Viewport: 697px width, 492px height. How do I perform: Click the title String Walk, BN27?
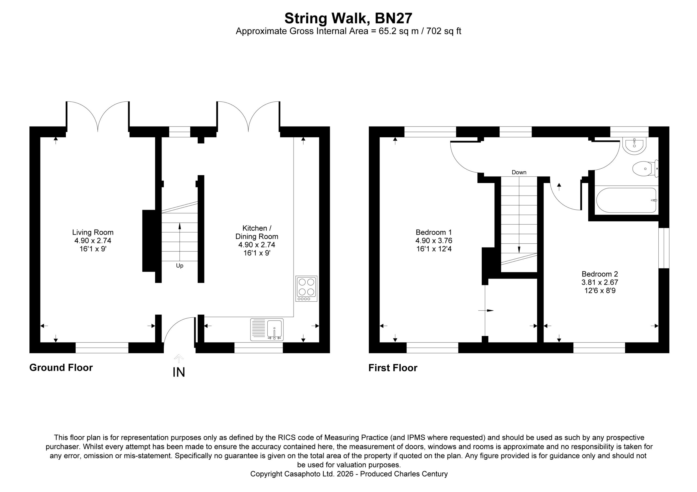348,18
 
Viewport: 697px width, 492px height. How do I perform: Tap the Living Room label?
93,232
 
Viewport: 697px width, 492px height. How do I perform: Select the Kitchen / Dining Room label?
257,232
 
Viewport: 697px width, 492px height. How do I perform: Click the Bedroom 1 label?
434,232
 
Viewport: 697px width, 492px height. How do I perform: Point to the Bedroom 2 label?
600,274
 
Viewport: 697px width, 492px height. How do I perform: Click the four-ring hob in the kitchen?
306,289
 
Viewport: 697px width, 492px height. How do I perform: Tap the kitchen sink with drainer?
267,329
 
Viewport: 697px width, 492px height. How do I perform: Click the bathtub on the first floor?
626,200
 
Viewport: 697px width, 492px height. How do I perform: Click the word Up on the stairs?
180,266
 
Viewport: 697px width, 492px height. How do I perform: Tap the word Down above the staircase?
519,172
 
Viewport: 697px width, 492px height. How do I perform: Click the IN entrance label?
179,372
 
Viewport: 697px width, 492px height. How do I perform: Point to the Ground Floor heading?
61,368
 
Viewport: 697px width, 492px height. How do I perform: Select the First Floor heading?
393,368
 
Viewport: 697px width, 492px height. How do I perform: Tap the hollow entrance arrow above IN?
179,359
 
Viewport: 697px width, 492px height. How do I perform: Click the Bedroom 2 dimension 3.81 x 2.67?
600,282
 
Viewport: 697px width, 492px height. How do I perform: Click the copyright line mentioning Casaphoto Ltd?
349,474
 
